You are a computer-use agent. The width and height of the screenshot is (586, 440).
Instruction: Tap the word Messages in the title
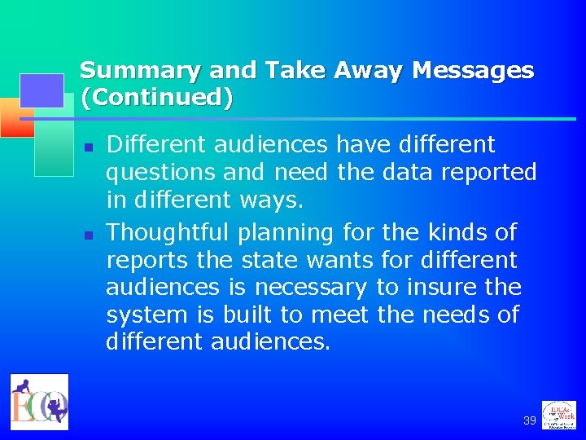473,71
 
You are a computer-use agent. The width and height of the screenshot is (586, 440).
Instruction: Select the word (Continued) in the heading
156,98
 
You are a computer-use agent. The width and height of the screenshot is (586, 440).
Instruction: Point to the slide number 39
530,420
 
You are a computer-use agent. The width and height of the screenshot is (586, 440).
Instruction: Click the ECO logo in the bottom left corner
39,400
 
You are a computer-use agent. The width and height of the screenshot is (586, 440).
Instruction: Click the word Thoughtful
168,233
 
